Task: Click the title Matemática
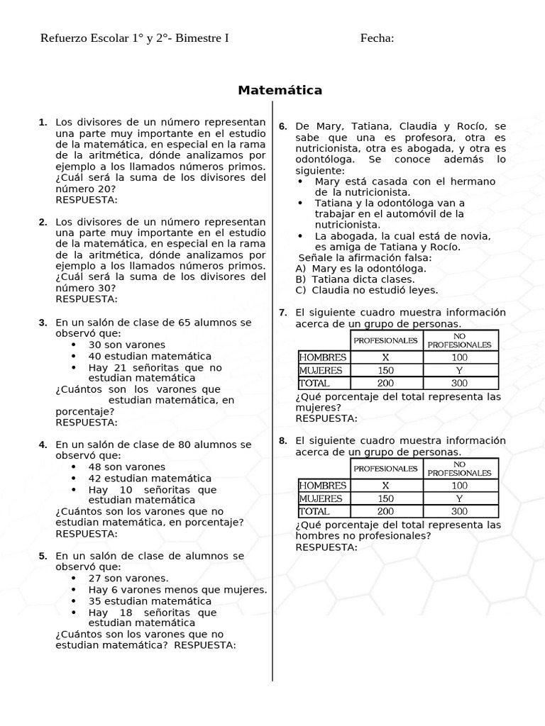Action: [x=280, y=90]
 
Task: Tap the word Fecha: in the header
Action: [x=377, y=38]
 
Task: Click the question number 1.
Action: [x=43, y=122]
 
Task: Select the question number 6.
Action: [x=282, y=126]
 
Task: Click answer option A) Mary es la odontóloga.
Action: [x=360, y=268]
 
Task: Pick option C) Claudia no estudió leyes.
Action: [x=366, y=289]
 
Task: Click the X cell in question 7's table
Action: [x=385, y=357]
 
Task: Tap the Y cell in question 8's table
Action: [x=459, y=498]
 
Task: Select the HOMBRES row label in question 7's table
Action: [x=323, y=357]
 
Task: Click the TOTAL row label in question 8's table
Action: [x=314, y=511]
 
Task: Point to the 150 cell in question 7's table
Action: [x=385, y=370]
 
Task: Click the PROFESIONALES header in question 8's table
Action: [x=385, y=469]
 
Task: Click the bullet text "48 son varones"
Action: [x=126, y=467]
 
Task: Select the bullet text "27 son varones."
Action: [x=128, y=578]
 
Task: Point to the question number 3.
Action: [x=43, y=323]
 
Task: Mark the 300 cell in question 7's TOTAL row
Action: [x=459, y=383]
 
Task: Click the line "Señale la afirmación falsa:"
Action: [x=365, y=257]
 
